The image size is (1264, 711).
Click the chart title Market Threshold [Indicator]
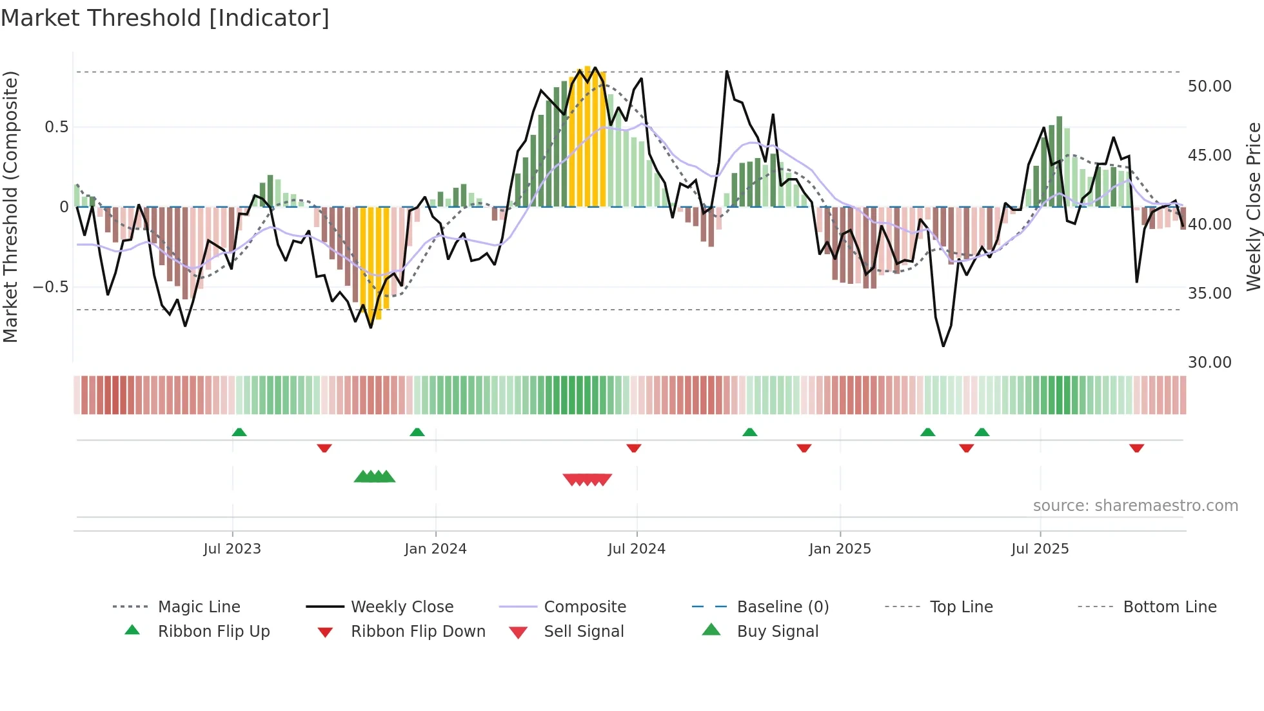[x=165, y=18]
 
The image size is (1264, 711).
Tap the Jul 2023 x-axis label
[x=232, y=549]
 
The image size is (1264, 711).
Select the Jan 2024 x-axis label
[x=435, y=549]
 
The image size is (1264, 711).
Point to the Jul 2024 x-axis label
[x=637, y=549]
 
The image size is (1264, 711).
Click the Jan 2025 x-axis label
[x=840, y=549]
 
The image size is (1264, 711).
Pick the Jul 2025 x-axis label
[x=1040, y=549]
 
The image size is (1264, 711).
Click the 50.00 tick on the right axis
[x=1209, y=86]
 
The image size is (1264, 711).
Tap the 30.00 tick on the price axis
[x=1209, y=363]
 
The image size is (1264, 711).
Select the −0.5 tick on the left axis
[x=50, y=287]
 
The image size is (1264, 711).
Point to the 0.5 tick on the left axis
[x=56, y=127]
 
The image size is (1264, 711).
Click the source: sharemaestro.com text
[x=1135, y=506]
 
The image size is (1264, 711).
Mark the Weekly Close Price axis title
[x=1253, y=206]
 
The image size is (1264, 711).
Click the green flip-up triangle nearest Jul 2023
[x=239, y=432]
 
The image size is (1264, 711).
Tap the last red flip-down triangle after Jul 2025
[x=1136, y=448]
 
